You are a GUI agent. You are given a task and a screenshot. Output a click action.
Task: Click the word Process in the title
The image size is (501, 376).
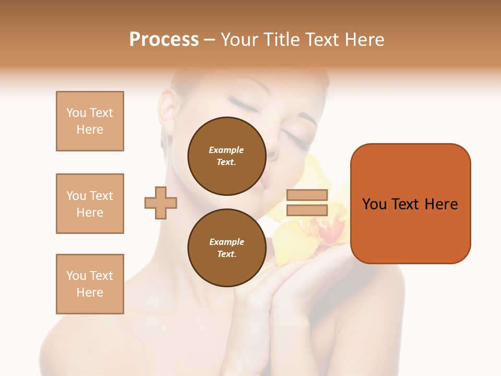pos(164,40)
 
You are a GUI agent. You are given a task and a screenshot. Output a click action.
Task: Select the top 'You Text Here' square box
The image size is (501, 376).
pos(90,121)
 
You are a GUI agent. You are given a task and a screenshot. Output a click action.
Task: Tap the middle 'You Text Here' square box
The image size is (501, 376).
pos(90,204)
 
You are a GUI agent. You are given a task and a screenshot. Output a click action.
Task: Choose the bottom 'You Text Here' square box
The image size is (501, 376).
pos(90,284)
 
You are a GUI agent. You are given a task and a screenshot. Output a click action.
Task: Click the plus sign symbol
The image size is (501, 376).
pos(161,203)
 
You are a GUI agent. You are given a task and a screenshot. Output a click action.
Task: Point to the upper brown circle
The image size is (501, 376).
pos(226,156)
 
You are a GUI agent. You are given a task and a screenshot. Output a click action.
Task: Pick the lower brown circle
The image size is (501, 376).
pos(226,248)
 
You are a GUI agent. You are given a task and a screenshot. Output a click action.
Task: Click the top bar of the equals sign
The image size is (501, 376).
pos(307,195)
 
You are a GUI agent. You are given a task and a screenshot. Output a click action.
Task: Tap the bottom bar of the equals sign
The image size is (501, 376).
pos(307,210)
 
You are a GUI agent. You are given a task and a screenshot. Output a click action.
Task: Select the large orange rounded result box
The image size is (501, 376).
pos(410,203)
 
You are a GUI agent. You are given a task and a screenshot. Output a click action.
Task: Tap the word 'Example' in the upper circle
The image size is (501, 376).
pos(226,150)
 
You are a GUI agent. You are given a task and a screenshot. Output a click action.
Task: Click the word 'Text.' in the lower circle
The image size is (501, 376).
pos(226,254)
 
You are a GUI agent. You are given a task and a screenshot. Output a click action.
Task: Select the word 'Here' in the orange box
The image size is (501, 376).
pos(441,204)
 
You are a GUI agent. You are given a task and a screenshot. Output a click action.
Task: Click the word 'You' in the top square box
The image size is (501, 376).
pos(76,113)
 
